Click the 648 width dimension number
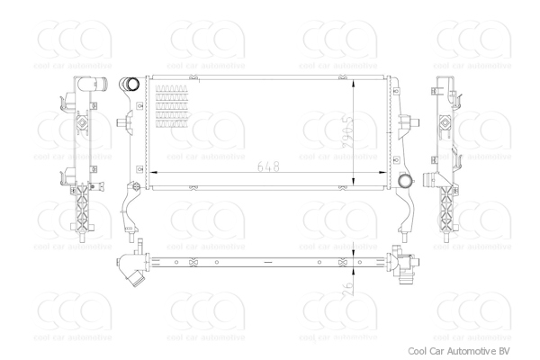click(267, 167)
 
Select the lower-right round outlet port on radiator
click(405, 181)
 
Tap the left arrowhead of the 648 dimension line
click(149, 170)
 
